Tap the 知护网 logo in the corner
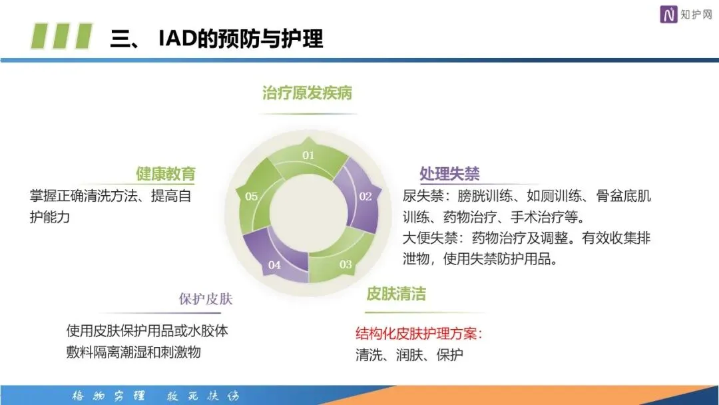pos(686,14)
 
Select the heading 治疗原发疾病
pos(307,93)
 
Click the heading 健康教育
pos(166,175)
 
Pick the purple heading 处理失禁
pos(449,175)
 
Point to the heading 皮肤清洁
pos(396,294)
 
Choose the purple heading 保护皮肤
pos(206,299)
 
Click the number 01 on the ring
pos(308,155)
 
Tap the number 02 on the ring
pos(365,197)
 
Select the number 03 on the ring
pos(346,264)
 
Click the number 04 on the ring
pos(274,264)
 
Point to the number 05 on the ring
pos(251,197)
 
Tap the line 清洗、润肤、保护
pos(409,355)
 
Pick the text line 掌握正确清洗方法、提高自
pos(111,197)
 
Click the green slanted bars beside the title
pos(63,36)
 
